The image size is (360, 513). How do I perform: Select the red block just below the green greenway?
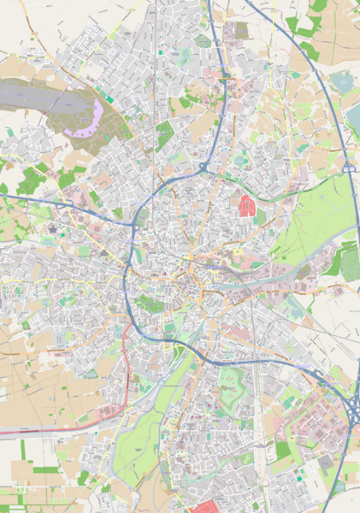[248, 205]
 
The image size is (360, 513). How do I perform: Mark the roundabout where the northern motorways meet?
[205, 165]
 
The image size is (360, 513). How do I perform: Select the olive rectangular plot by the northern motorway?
[235, 32]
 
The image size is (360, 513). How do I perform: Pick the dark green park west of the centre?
[150, 304]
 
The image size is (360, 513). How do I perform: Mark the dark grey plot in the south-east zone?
[325, 462]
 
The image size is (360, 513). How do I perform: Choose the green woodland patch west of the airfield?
[30, 180]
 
